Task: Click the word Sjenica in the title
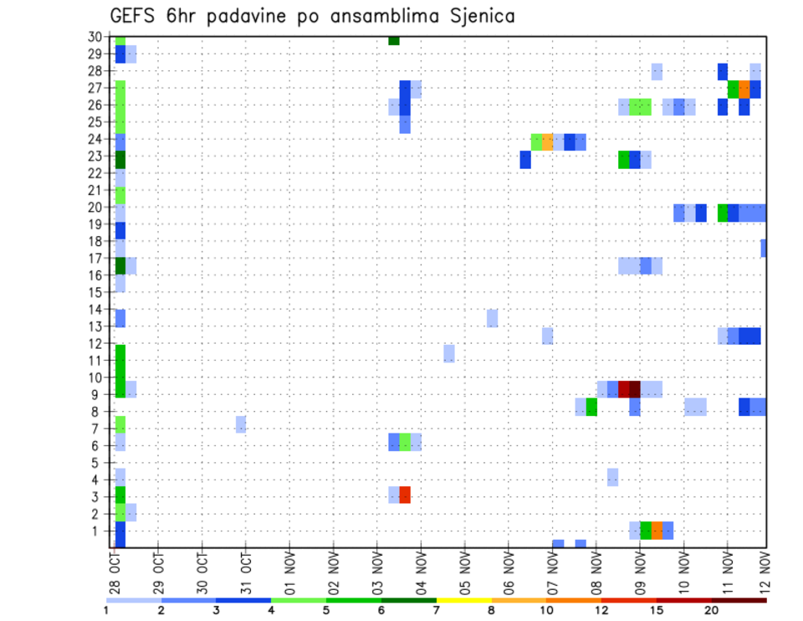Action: [x=480, y=16]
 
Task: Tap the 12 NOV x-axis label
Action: [x=765, y=572]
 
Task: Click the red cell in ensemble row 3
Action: [x=405, y=495]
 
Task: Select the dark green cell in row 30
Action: [x=394, y=40]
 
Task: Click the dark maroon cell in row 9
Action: [x=635, y=389]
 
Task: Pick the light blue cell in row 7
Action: [x=241, y=424]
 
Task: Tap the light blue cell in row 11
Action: [x=449, y=353]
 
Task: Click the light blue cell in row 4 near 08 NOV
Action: [x=612, y=477]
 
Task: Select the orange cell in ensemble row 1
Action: [x=657, y=531]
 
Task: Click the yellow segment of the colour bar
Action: [x=463, y=600]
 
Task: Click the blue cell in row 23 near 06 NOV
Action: [x=525, y=159]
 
